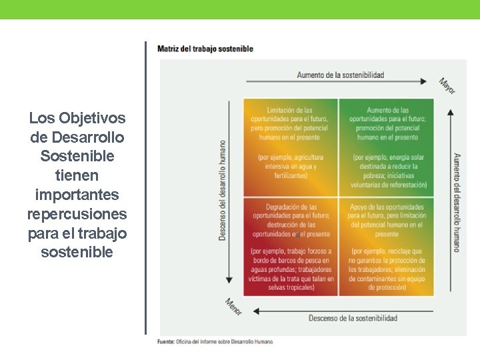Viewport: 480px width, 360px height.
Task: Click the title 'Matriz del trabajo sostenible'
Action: click(x=205, y=49)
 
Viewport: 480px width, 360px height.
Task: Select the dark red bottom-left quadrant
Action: click(x=291, y=247)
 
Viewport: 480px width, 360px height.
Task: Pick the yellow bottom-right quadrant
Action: click(x=387, y=247)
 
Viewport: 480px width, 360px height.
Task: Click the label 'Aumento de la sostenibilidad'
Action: click(x=341, y=75)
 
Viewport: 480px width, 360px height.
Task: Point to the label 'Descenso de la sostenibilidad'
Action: click(x=353, y=318)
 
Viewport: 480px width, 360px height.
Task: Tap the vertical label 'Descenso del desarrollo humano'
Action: click(x=222, y=189)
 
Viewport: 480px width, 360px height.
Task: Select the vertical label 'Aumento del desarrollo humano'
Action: click(x=457, y=203)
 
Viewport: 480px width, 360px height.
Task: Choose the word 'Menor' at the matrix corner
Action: click(x=233, y=306)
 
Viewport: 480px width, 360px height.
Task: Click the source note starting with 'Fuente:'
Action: click(x=215, y=341)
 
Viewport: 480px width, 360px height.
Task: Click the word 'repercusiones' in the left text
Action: click(x=77, y=215)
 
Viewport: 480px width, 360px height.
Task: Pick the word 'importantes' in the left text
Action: click(x=77, y=195)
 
